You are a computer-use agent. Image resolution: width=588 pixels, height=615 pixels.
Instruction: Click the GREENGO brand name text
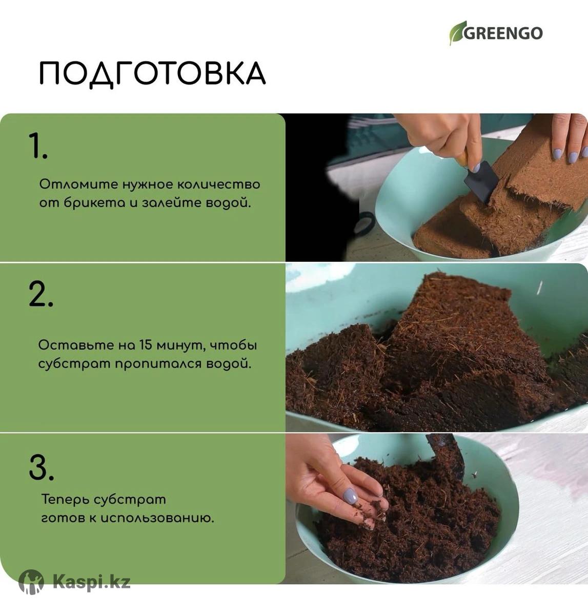point(503,33)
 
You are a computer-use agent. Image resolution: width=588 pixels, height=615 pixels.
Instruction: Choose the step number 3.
point(41,467)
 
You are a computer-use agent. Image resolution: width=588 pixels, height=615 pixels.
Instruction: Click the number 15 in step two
point(146,345)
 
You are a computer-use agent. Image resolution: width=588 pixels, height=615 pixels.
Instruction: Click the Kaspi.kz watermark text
point(91,581)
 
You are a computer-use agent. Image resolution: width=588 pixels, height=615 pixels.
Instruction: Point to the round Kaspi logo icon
point(31,581)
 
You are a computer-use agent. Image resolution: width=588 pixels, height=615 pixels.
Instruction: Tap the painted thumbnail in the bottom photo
point(350,495)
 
